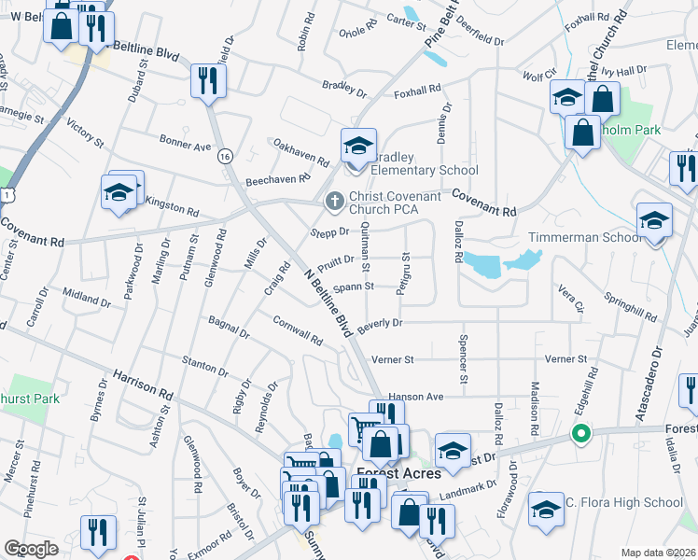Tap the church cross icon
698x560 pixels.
pos(334,201)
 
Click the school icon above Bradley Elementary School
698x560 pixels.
pos(357,147)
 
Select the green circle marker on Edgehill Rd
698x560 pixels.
pos(580,433)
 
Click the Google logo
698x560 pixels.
pos(31,549)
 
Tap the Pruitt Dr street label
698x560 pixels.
pos(336,261)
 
